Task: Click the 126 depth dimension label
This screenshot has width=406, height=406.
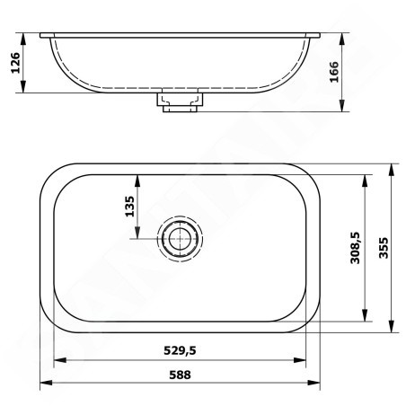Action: (x=15, y=63)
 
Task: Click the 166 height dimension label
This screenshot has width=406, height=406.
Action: (x=334, y=72)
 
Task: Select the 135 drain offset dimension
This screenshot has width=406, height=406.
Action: (x=129, y=207)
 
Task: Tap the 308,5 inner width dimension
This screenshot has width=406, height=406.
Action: (x=356, y=248)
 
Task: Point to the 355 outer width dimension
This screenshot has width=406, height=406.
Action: (x=384, y=248)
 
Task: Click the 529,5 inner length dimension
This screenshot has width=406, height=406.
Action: (x=180, y=350)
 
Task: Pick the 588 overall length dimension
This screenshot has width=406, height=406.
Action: (x=180, y=375)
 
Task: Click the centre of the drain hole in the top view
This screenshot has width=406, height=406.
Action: (x=180, y=239)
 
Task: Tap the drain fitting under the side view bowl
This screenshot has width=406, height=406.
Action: (x=180, y=102)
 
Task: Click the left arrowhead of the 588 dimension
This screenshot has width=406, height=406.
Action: (x=46, y=383)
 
